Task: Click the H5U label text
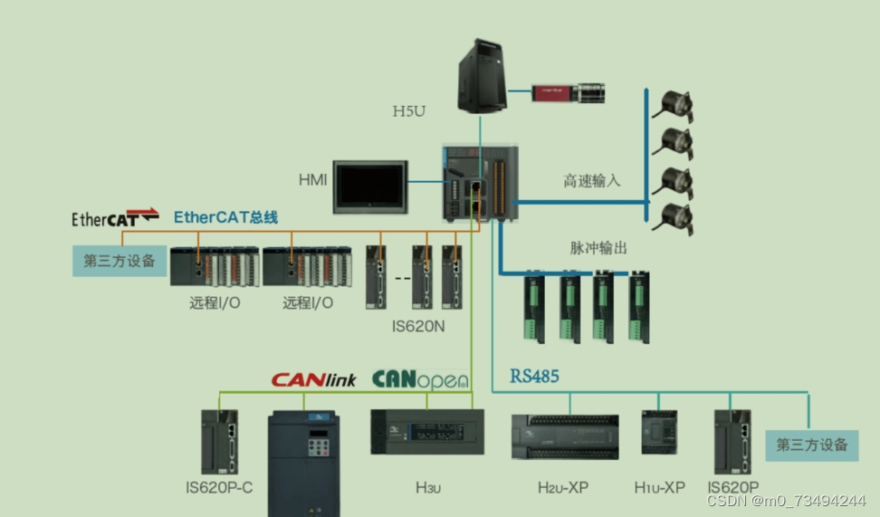click(408, 111)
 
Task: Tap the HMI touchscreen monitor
click(370, 187)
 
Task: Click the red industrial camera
click(569, 91)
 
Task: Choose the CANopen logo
click(421, 378)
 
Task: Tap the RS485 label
click(534, 376)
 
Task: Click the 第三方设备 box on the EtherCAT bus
click(120, 261)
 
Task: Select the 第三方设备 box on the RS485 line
click(812, 444)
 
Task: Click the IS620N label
click(416, 325)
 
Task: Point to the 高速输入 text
click(592, 181)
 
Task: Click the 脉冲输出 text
click(598, 247)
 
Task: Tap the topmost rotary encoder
click(677, 104)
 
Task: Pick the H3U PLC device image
click(420, 431)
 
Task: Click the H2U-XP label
click(563, 488)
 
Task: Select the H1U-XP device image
click(659, 433)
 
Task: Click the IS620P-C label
click(219, 488)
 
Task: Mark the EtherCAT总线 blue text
click(225, 216)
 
